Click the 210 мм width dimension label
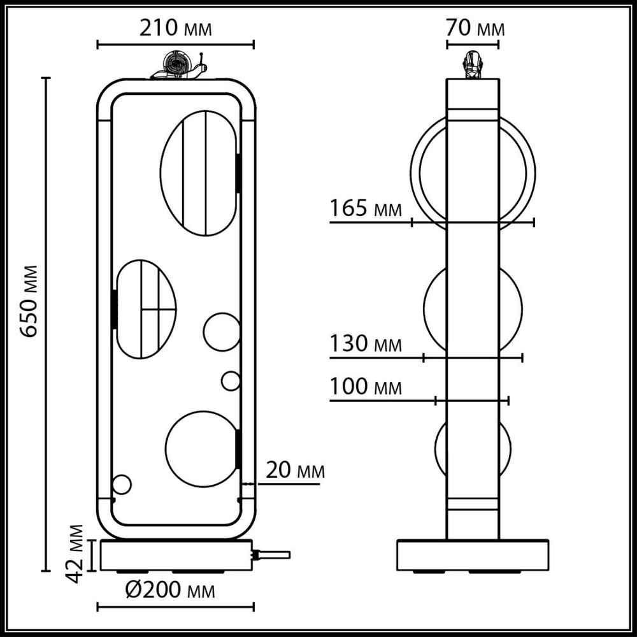(175, 29)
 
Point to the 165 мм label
(366, 208)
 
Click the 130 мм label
(366, 345)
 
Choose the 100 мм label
(366, 387)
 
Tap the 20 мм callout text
(295, 471)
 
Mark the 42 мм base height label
(76, 554)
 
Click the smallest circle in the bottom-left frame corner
(121, 485)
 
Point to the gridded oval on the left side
(145, 309)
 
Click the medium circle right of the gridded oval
(222, 331)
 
